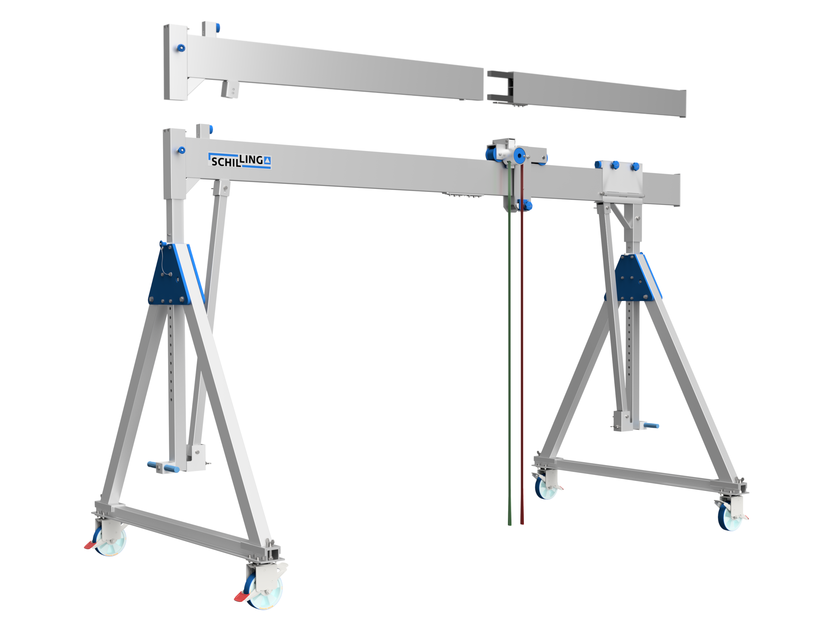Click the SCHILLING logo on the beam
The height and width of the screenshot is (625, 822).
pos(239,161)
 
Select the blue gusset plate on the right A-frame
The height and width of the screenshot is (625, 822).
pos(634,277)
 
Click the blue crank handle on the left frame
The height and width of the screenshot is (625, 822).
pos(164,467)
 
